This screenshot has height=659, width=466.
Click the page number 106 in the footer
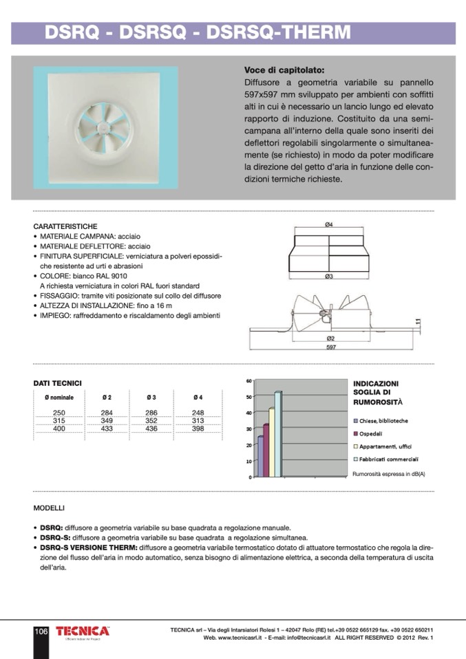pyautogui.click(x=41, y=631)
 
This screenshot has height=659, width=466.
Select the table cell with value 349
pyautogui.click(x=107, y=420)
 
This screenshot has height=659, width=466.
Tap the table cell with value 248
pyautogui.click(x=198, y=412)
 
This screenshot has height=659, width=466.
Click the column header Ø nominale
pyautogui.click(x=59, y=398)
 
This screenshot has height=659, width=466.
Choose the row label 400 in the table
pyautogui.click(x=59, y=429)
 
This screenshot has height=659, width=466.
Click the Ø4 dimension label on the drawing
pyautogui.click(x=329, y=224)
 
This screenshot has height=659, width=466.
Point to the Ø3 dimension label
pyautogui.click(x=329, y=277)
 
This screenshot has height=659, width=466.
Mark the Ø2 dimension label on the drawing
pyautogui.click(x=330, y=338)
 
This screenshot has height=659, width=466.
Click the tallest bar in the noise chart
pyautogui.click(x=278, y=433)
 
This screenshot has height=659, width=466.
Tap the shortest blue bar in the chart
pyautogui.click(x=260, y=456)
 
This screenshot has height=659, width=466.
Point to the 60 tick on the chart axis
pyautogui.click(x=248, y=380)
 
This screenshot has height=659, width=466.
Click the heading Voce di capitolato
pyautogui.click(x=284, y=70)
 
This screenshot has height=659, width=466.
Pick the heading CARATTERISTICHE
pyautogui.click(x=65, y=226)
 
